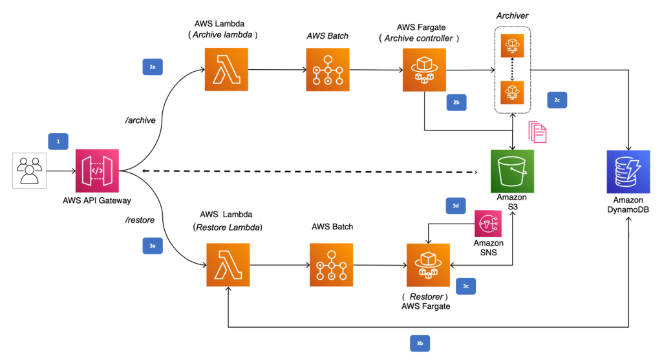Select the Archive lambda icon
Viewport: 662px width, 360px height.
tap(226, 69)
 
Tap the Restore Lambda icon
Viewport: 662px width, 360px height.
tap(228, 265)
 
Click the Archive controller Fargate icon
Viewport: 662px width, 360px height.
tap(424, 69)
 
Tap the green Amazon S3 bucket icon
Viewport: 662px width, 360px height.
tap(512, 171)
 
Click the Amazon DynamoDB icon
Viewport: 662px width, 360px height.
tap(628, 171)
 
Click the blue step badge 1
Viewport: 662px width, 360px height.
tap(58, 140)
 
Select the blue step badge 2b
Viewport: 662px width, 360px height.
tap(456, 101)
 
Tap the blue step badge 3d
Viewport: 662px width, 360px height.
tap(456, 205)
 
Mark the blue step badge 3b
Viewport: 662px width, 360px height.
tap(420, 343)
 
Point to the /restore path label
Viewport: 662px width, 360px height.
tap(140, 220)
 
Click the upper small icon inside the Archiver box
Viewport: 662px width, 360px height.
tap(512, 45)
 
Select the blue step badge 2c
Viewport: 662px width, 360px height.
tap(557, 100)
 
